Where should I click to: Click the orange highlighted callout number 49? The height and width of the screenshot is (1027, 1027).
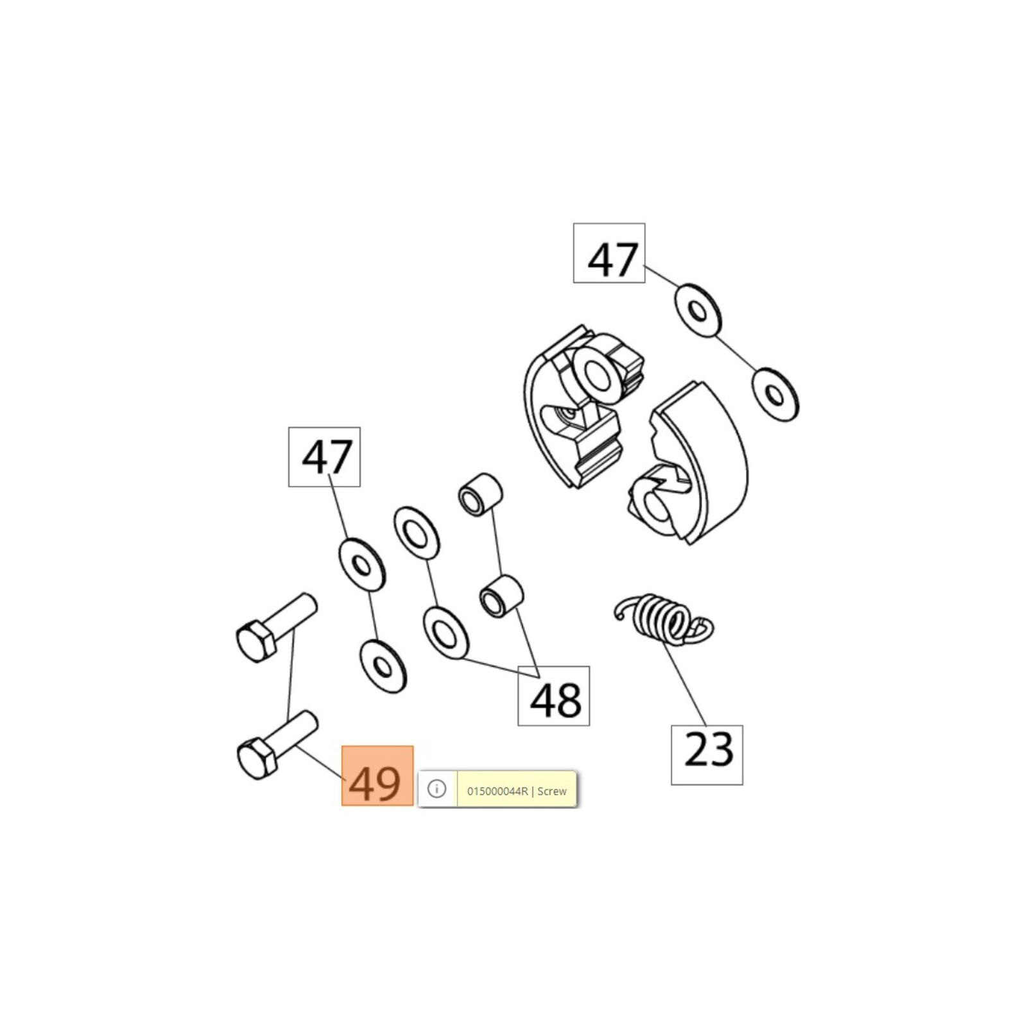pyautogui.click(x=377, y=775)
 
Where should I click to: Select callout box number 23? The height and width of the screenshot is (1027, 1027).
pyautogui.click(x=707, y=755)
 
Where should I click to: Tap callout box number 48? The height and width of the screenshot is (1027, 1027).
pyautogui.click(x=554, y=696)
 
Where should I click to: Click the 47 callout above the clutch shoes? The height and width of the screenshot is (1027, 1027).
pyautogui.click(x=609, y=253)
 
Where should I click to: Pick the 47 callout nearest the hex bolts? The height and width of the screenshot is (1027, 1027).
pyautogui.click(x=324, y=456)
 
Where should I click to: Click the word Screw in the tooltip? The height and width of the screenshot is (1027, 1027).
pyautogui.click(x=552, y=791)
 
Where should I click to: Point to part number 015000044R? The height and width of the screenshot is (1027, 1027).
pyautogui.click(x=497, y=791)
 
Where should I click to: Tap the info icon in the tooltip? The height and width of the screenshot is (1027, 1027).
pyautogui.click(x=436, y=789)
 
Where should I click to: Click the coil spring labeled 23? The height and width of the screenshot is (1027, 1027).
pyautogui.click(x=664, y=619)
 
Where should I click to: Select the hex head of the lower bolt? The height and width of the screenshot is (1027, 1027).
pyautogui.click(x=257, y=759)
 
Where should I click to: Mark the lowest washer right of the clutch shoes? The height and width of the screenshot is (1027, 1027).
pyautogui.click(x=775, y=395)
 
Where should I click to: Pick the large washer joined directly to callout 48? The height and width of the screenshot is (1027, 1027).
pyautogui.click(x=445, y=633)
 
